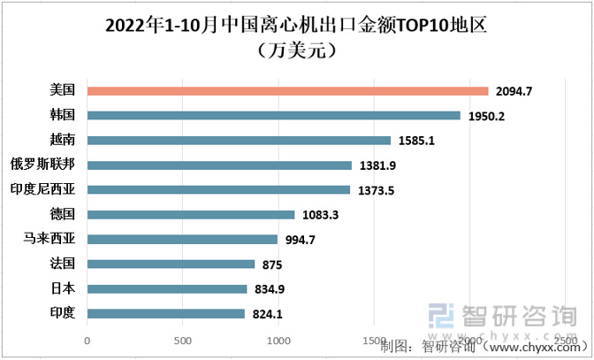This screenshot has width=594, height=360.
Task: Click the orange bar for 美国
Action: (287, 90)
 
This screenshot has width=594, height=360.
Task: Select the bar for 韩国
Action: (274, 115)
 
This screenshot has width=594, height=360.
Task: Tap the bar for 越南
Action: (239, 140)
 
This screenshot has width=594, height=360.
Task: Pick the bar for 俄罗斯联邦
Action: (219, 165)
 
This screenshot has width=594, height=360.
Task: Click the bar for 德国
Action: (191, 214)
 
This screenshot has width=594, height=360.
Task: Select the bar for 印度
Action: (166, 313)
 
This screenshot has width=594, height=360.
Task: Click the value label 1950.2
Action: (487, 116)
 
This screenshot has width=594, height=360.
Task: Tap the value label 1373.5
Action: (377, 190)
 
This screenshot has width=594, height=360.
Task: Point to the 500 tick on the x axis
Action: (183, 340)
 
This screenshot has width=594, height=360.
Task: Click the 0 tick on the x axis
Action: (87, 340)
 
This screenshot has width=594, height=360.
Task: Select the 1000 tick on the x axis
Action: (278, 340)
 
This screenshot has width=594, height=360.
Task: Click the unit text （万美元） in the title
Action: (296, 50)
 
